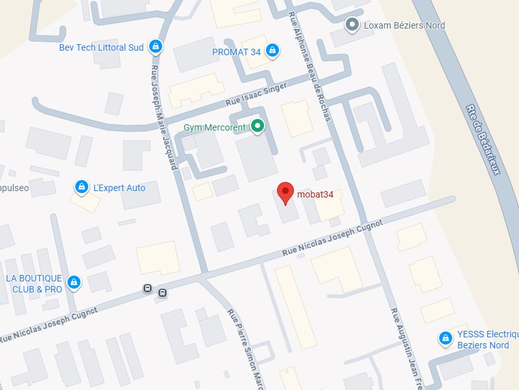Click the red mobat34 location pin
[x=284, y=192]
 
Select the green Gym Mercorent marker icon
[x=258, y=126]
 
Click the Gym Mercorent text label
[x=215, y=127]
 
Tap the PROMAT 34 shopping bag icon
[x=272, y=51]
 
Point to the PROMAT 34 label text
[x=236, y=52]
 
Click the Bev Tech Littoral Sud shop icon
[x=155, y=46]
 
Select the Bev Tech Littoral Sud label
[x=101, y=47]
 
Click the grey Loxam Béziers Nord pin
[x=352, y=25]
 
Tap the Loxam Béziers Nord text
[x=404, y=25]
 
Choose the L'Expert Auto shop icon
[x=81, y=187]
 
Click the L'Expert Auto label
[x=119, y=188]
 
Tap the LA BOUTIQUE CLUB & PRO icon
[x=75, y=282]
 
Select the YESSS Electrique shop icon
[x=445, y=338]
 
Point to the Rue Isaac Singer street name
[x=256, y=97]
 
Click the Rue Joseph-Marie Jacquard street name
[x=164, y=117]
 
